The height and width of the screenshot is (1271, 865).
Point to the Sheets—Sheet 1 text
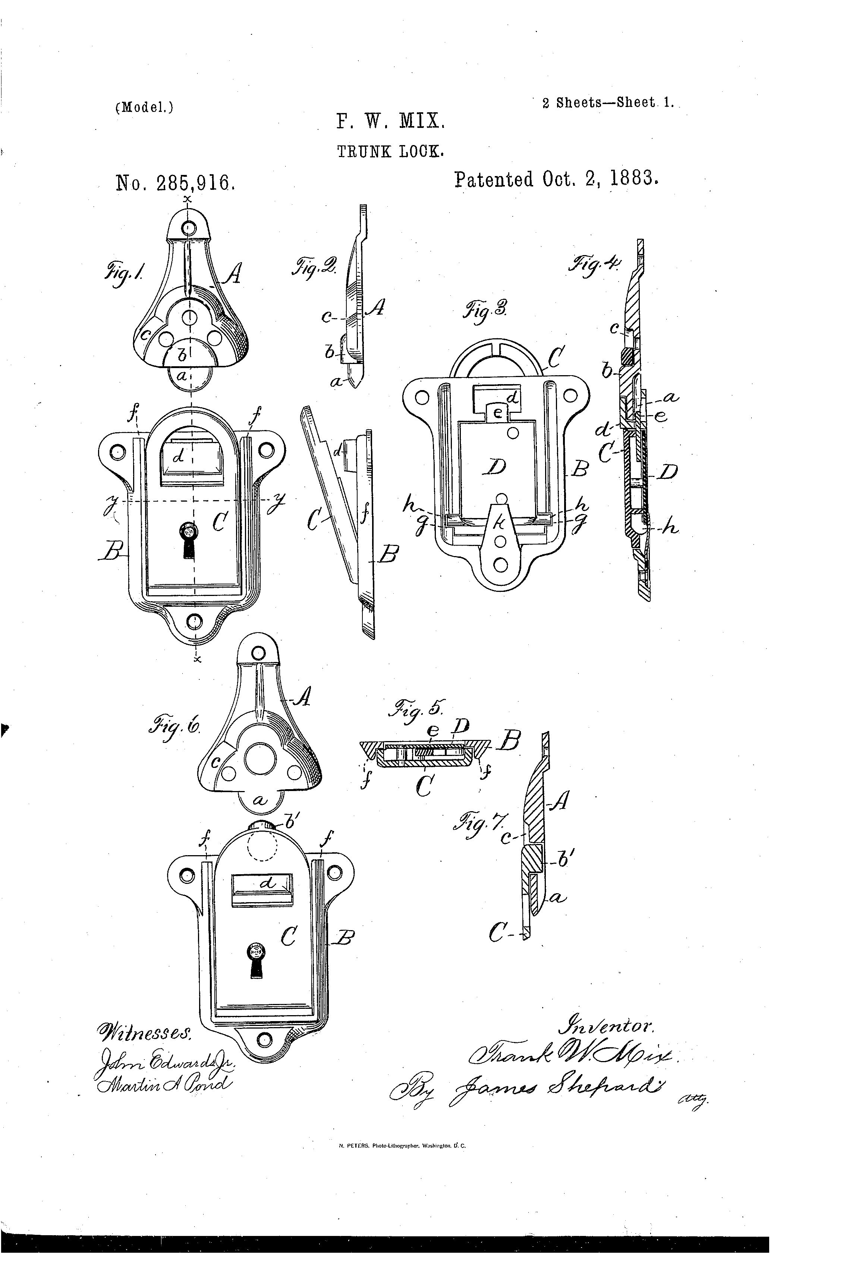[x=608, y=103]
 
